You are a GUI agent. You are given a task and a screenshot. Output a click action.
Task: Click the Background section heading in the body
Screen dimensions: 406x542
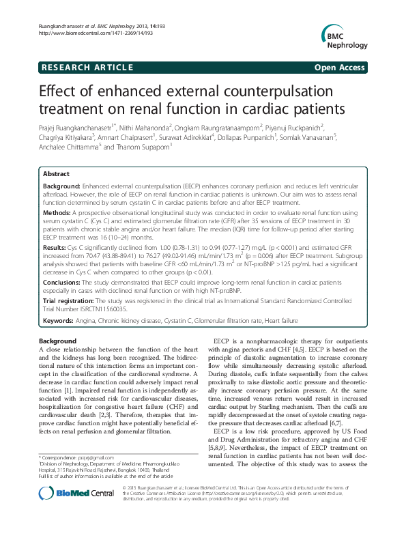[57, 340]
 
